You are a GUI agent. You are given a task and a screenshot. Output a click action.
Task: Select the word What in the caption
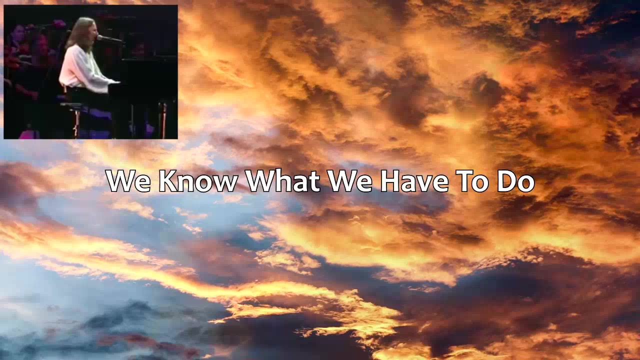pos(283,181)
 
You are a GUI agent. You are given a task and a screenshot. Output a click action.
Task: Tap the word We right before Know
pos(128,181)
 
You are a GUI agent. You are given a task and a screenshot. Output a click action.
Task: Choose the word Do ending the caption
pos(515,181)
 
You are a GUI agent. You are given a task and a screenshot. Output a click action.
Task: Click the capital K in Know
pos(167,181)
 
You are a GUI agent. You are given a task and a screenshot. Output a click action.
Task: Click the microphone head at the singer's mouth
pos(100,37)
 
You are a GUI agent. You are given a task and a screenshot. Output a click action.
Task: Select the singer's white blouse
pos(83,68)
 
